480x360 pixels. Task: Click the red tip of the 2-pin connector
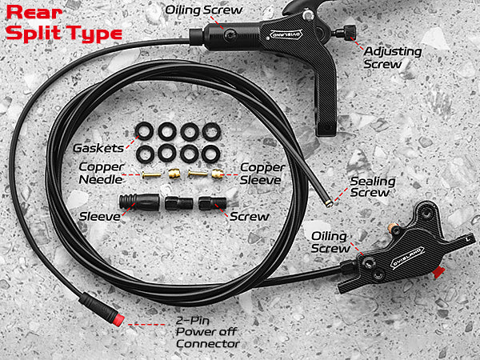118,319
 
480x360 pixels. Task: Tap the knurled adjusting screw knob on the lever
349,31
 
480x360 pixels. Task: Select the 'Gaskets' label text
98,148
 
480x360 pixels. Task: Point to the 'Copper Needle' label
101,173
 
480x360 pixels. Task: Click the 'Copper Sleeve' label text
262,174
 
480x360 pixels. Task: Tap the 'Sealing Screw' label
373,186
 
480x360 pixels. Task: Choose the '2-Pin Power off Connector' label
207,332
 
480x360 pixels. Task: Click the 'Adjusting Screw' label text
393,58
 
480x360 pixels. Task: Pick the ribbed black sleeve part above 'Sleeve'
139,202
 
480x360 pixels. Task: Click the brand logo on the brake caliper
408,258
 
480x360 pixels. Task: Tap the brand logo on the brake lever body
286,34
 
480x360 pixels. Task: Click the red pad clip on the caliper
439,273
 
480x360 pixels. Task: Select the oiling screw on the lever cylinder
229,35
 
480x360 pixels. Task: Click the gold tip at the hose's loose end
329,203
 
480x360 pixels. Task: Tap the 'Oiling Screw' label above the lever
203,10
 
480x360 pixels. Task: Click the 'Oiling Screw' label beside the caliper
330,242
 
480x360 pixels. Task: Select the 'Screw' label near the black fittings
249,217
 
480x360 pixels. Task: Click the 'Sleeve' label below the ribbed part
99,217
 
